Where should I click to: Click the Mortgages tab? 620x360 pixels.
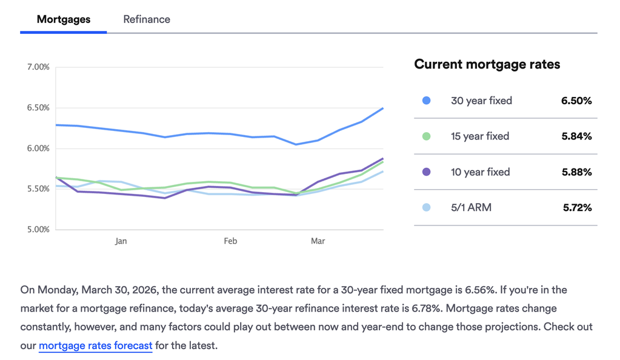(63, 19)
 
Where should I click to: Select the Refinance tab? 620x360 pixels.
(147, 19)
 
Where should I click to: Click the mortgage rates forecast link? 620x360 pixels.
(95, 346)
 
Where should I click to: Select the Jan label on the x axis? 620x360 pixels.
(121, 241)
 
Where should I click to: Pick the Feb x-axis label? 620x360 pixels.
(230, 241)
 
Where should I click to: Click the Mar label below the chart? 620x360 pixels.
(318, 241)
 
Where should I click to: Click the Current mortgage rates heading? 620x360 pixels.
(487, 64)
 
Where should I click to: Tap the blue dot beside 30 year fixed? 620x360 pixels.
(427, 101)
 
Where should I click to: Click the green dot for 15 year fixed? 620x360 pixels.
(427, 136)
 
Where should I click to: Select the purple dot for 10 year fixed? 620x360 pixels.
(427, 172)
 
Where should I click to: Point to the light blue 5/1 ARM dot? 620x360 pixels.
(427, 207)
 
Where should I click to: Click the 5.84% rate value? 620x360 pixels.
(576, 136)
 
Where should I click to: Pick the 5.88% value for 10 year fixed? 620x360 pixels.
(576, 172)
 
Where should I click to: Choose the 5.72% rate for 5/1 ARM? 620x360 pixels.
(577, 207)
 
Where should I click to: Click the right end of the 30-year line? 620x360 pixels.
(382, 108)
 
